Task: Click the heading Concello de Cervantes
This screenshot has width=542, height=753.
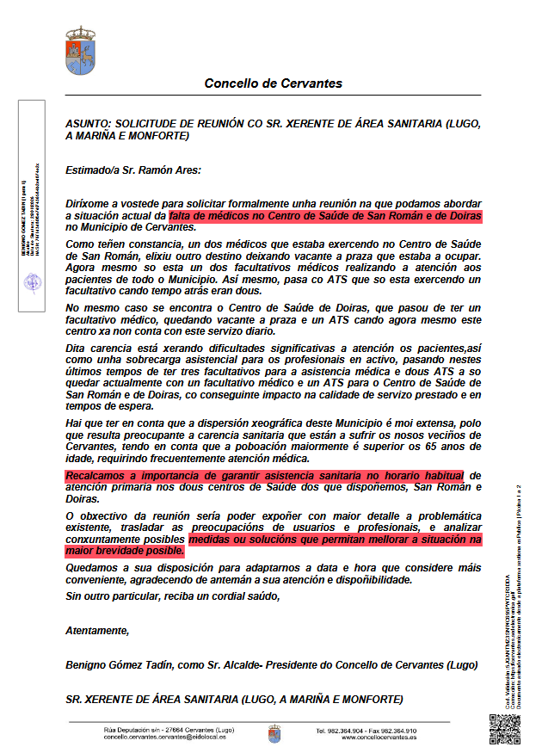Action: (x=273, y=83)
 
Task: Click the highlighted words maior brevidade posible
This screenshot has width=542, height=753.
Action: (x=126, y=551)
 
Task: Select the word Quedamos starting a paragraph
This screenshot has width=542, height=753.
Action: (x=93, y=568)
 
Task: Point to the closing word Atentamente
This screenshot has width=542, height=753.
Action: (x=97, y=631)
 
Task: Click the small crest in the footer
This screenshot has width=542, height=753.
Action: (x=274, y=734)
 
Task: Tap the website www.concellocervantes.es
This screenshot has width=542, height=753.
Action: (x=379, y=738)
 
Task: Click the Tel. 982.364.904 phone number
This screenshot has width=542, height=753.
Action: (x=343, y=731)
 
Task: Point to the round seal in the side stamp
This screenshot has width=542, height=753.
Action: (x=31, y=281)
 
